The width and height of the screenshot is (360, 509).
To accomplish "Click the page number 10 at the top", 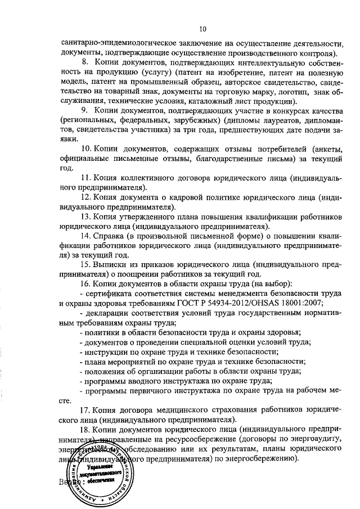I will tap(202, 29).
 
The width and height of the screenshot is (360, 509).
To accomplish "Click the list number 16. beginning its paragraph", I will tap(87, 283).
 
